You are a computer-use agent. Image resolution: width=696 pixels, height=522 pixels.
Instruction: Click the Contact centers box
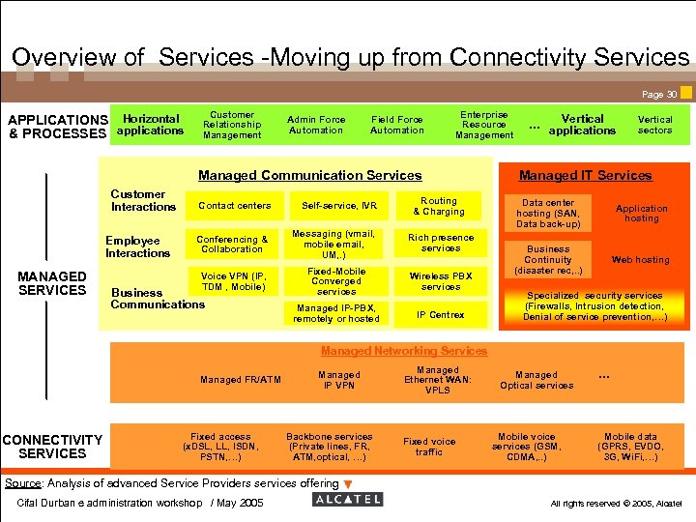[x=234, y=206]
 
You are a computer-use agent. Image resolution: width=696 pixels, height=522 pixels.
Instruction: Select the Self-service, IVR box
[x=339, y=206]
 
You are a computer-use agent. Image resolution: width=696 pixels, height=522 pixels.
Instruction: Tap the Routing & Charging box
[x=440, y=206]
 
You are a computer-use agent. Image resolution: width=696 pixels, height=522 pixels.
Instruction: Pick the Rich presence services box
[x=441, y=243]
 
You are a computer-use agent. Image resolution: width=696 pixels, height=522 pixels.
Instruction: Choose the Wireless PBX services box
[x=441, y=280]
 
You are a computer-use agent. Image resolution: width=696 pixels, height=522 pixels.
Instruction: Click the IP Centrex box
[x=441, y=314]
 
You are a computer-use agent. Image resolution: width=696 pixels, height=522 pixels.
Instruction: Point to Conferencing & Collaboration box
[x=232, y=244]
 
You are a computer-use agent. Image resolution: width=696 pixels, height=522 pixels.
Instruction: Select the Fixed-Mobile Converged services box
[x=336, y=281]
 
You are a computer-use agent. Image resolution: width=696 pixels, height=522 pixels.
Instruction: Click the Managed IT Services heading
[x=585, y=175]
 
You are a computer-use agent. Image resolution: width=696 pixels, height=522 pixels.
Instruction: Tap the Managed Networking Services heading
[x=404, y=351]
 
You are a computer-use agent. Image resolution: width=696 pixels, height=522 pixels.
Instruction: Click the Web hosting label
[x=640, y=260]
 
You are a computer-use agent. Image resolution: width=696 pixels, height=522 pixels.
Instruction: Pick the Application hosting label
[x=642, y=213]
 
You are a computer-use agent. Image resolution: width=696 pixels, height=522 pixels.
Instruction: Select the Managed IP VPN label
[x=339, y=380]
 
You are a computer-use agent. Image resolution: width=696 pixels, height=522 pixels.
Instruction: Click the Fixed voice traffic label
[x=429, y=447]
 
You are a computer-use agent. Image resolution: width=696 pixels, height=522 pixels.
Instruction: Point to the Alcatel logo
[x=348, y=500]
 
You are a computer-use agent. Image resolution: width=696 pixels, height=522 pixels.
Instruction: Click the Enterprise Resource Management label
[x=484, y=125]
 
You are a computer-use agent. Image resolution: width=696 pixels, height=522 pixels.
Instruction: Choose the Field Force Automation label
[x=397, y=125]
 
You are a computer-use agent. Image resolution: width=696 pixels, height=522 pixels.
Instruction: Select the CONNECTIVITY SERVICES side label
[x=52, y=447]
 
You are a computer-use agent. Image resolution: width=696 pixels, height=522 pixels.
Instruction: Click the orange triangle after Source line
[x=349, y=483]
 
